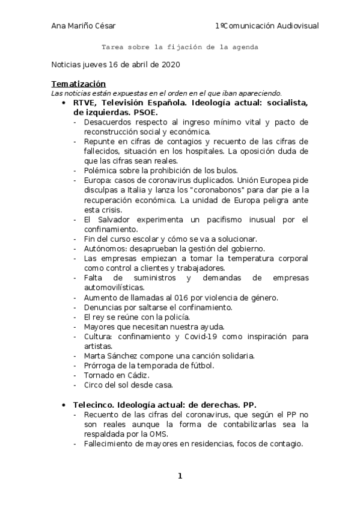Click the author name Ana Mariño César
click(84, 26)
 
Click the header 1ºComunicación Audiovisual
click(266, 26)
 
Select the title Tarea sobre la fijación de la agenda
click(180, 46)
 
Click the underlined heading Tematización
click(78, 84)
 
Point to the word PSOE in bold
click(145, 112)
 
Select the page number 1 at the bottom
click(180, 476)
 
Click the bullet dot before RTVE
click(64, 103)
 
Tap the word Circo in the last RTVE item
click(94, 384)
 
